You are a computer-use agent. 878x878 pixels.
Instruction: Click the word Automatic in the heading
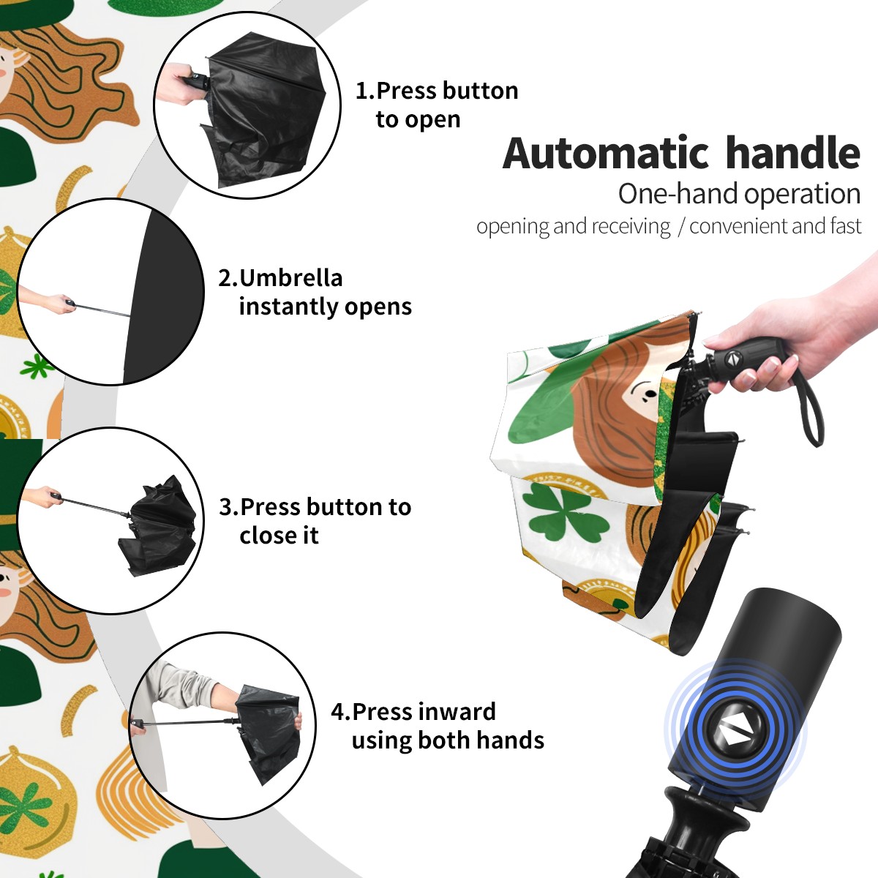(x=606, y=154)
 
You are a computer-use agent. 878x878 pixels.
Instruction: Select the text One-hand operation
(x=739, y=194)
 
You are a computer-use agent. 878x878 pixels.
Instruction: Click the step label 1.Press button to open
(x=437, y=105)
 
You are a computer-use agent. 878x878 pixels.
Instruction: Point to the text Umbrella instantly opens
(x=326, y=292)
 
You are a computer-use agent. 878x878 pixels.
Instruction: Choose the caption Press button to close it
(x=326, y=521)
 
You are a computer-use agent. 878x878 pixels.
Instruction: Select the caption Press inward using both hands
(x=448, y=726)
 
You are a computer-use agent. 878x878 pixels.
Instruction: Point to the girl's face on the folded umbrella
(x=644, y=395)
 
